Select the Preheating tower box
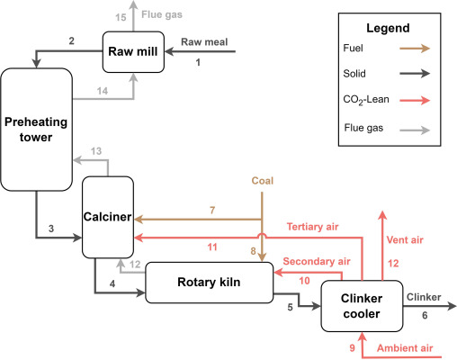(x=33, y=127)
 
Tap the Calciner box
(x=108, y=216)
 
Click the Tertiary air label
(x=311, y=226)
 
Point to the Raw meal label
(x=202, y=41)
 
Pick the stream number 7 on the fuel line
(x=212, y=210)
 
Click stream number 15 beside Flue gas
(x=121, y=17)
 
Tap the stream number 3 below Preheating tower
(x=52, y=229)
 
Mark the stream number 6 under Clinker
(x=425, y=315)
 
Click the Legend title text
(x=392, y=29)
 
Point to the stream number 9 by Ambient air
(x=352, y=347)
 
